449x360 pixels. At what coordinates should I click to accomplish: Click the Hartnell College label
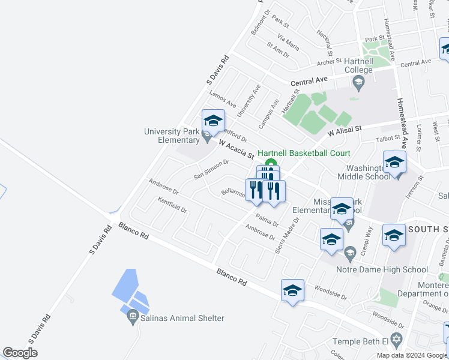point(358,65)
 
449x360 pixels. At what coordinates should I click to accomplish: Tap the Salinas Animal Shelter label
point(182,319)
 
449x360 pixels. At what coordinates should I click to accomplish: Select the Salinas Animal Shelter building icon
point(133,319)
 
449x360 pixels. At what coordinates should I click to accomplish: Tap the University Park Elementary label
point(171,136)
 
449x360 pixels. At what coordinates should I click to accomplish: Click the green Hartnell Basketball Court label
point(304,154)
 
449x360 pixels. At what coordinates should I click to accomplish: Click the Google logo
point(20,352)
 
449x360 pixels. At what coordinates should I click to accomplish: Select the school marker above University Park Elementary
point(213,121)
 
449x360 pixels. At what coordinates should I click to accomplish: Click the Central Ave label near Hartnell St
point(309,82)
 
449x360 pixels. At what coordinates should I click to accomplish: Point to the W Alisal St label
point(345,130)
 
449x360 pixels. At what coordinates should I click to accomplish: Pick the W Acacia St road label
point(237,149)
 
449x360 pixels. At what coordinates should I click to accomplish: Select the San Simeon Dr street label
point(211,169)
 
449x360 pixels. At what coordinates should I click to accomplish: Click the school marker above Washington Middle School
point(394,162)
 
